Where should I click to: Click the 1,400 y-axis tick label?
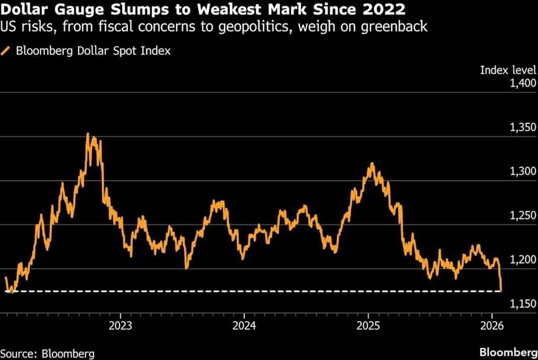pyautogui.click(x=523, y=84)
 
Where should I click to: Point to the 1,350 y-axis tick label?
pyautogui.click(x=523, y=128)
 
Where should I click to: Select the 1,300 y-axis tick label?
pyautogui.click(x=523, y=172)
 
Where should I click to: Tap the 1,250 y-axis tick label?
pyautogui.click(x=523, y=216)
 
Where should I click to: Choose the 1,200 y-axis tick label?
pyautogui.click(x=523, y=260)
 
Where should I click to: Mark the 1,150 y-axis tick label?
pyautogui.click(x=523, y=304)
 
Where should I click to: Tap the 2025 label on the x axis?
pyautogui.click(x=368, y=325)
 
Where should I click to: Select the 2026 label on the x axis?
pyautogui.click(x=491, y=325)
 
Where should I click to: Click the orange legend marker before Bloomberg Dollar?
pyautogui.click(x=6, y=51)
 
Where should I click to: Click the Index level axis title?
pyautogui.click(x=508, y=70)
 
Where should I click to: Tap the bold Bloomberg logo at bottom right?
pyautogui.click(x=507, y=351)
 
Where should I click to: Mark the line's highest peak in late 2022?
pyautogui.click(x=88, y=134)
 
